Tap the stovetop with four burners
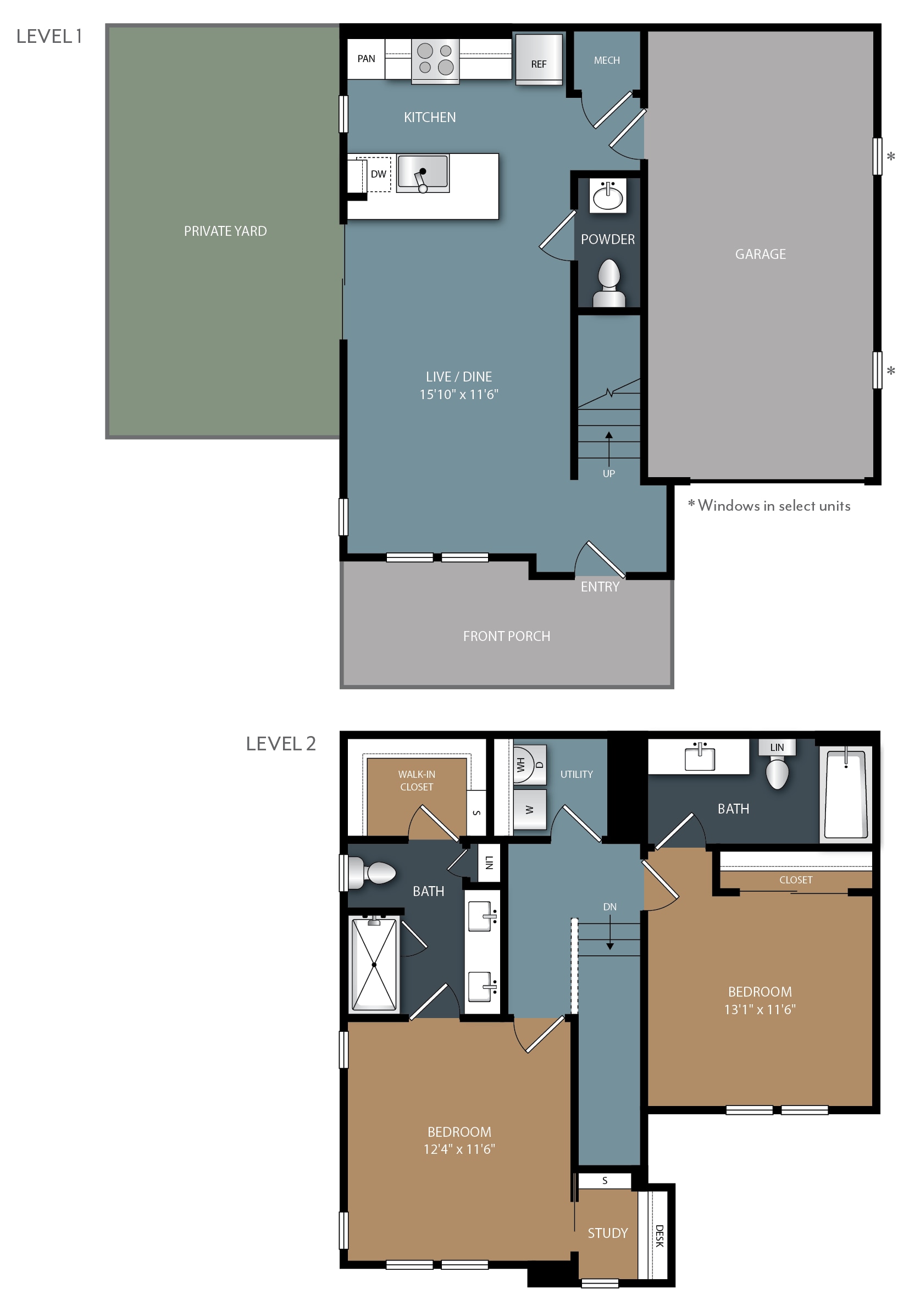435,60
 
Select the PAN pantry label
366,58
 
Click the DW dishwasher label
378,174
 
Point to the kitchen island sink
423,173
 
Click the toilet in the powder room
609,283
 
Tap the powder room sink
608,196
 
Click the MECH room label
607,60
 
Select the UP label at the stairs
608,473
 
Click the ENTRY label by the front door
600,587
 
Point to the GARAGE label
760,254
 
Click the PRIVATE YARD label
225,231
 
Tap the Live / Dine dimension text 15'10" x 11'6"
459,394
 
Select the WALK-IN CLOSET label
417,781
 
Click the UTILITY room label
576,774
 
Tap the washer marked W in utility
529,809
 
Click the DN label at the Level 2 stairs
609,906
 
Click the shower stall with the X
374,965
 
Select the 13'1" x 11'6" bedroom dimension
760,1009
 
